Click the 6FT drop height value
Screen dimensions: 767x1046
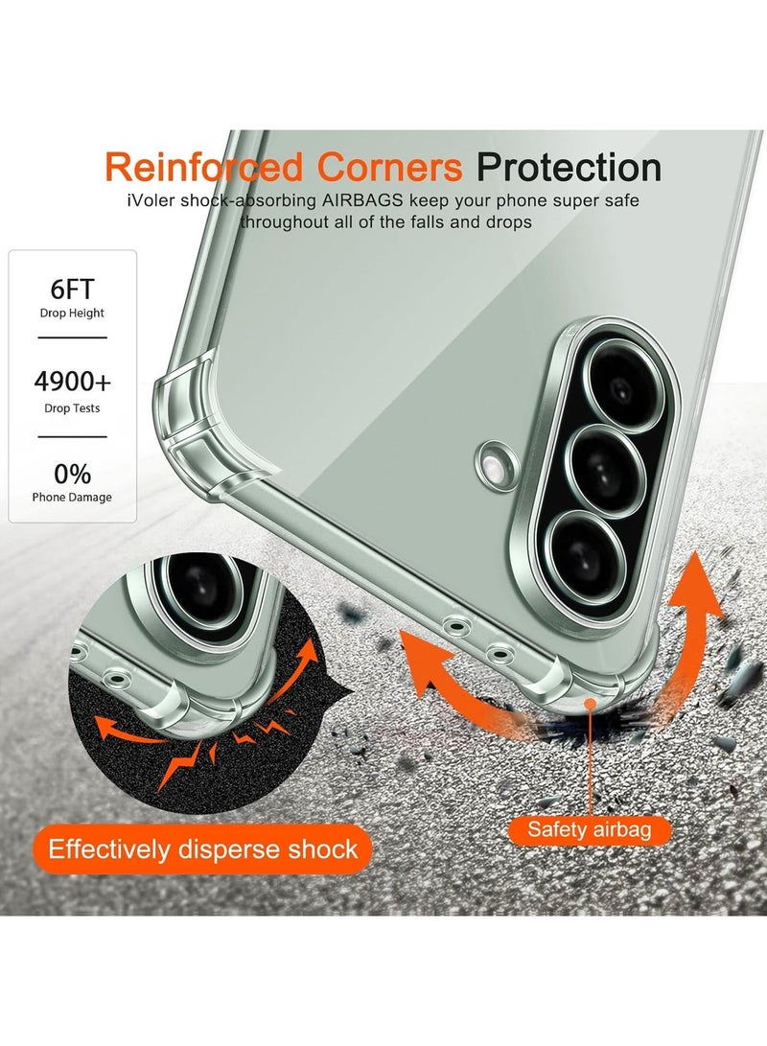(x=72, y=289)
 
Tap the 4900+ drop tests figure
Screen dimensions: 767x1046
(x=72, y=382)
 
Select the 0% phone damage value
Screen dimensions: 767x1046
(x=72, y=475)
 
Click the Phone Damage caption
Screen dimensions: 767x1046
(x=72, y=497)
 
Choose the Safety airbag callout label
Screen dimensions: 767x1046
(x=590, y=830)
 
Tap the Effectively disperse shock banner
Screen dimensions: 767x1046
(x=202, y=849)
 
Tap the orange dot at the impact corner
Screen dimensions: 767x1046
(x=590, y=704)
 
